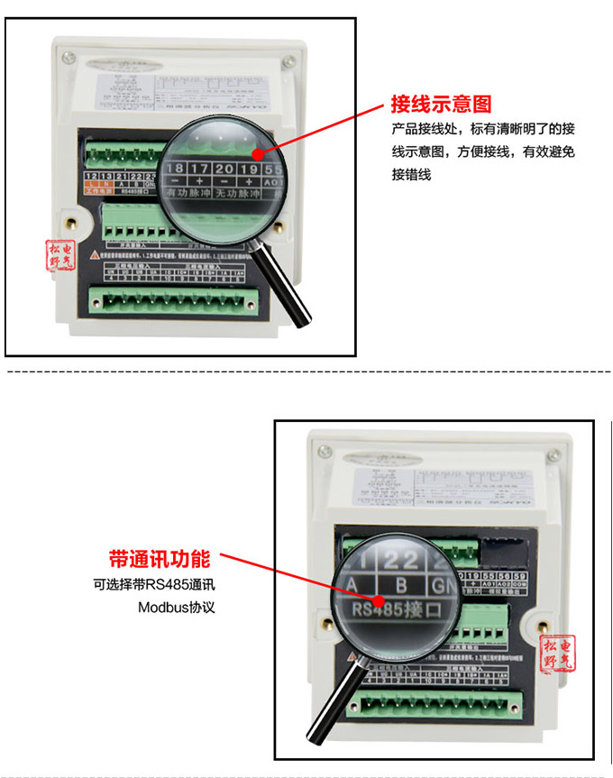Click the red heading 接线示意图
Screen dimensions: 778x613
(x=441, y=103)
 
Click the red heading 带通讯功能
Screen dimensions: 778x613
(x=159, y=556)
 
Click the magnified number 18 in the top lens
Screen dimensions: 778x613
(x=175, y=169)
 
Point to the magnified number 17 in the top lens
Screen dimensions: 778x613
(x=200, y=169)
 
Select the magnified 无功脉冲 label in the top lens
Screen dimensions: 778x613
(x=239, y=195)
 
